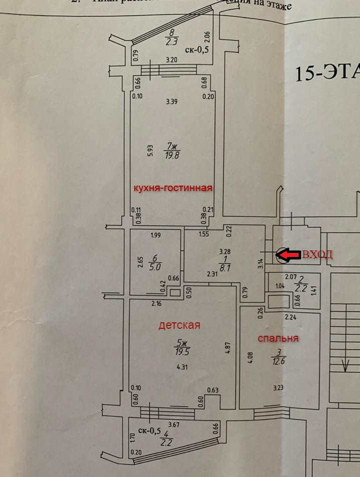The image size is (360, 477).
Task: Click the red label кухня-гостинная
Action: pos(172,188)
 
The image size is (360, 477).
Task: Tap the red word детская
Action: pos(179,325)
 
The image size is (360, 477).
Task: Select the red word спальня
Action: pos(278,338)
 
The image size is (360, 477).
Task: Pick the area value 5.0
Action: pos(155,266)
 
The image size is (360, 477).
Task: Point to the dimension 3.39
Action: pos(172,102)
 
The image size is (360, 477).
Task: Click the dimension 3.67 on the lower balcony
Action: pos(174,425)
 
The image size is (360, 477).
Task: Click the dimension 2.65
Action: pos(140,261)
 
